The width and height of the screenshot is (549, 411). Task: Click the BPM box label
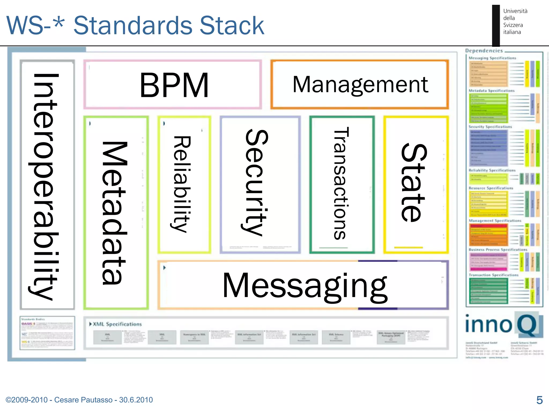pyautogui.click(x=174, y=85)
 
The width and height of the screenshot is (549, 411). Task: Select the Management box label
pyautogui.click(x=360, y=85)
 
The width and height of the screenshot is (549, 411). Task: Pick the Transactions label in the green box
pyautogui.click(x=341, y=183)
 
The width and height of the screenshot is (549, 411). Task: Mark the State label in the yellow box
pyautogui.click(x=414, y=182)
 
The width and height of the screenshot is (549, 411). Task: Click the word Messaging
pyautogui.click(x=305, y=286)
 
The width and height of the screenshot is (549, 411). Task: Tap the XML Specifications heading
pyautogui.click(x=117, y=324)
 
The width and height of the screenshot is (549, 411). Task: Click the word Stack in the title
pyautogui.click(x=232, y=26)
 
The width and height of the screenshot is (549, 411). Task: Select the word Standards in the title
pyautogui.click(x=133, y=26)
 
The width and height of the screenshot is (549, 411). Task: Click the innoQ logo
pyautogui.click(x=503, y=325)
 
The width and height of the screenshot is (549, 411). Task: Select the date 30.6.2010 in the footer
pyautogui.click(x=136, y=400)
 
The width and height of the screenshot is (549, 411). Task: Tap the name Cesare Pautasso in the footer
pyautogui.click(x=83, y=400)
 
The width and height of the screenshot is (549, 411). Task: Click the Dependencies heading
pyautogui.click(x=484, y=51)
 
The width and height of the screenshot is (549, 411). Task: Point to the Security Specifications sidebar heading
pyautogui.click(x=490, y=127)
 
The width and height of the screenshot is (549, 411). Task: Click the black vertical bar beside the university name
pyautogui.click(x=496, y=25)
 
